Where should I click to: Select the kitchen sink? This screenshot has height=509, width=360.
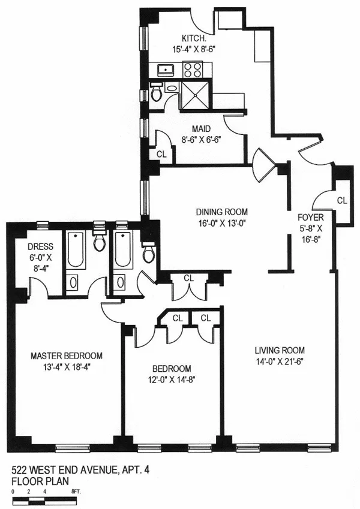pyautogui.click(x=166, y=71)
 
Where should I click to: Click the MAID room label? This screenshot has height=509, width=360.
pyautogui.click(x=200, y=129)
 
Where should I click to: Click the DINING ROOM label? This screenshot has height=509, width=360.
pyautogui.click(x=221, y=212)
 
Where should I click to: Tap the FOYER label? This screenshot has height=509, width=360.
pyautogui.click(x=310, y=217)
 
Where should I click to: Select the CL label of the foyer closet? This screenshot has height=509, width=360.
pyautogui.click(x=341, y=200)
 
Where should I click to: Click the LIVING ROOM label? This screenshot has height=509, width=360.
pyautogui.click(x=279, y=351)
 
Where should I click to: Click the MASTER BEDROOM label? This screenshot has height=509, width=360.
pyautogui.click(x=67, y=355)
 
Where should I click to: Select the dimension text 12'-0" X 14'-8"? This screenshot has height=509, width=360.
pyautogui.click(x=172, y=378)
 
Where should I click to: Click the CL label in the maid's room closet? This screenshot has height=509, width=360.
pyautogui.click(x=161, y=154)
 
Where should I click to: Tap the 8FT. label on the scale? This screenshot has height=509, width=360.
pyautogui.click(x=76, y=490)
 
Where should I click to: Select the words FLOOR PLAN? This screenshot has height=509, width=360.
pyautogui.click(x=40, y=480)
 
